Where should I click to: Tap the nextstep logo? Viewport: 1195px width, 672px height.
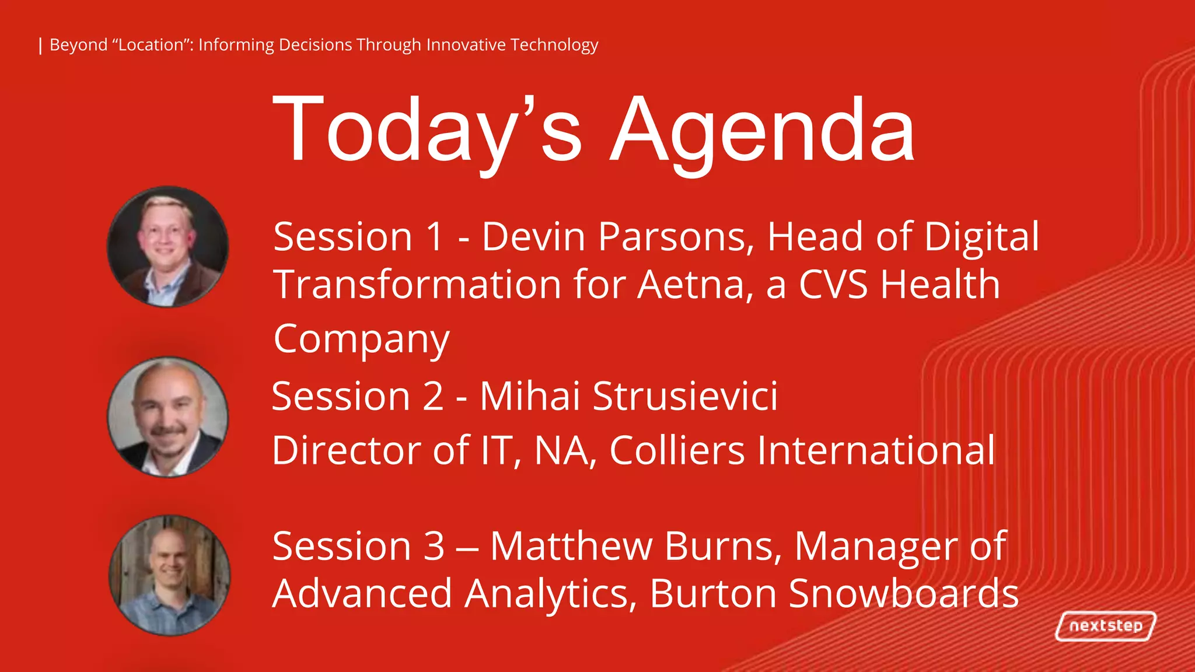click(1106, 626)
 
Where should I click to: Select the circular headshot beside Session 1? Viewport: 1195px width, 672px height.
click(168, 247)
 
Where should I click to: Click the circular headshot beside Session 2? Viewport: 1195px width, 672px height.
click(168, 417)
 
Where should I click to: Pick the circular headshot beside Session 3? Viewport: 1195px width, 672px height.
click(169, 575)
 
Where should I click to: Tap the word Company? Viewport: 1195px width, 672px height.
click(361, 339)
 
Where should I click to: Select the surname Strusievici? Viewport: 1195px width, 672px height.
click(685, 396)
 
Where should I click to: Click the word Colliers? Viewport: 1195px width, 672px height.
click(677, 450)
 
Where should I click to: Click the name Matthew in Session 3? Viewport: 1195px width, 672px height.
click(571, 547)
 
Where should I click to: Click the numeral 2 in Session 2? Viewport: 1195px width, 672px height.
click(432, 397)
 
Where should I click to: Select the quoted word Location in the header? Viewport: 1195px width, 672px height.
click(151, 45)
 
